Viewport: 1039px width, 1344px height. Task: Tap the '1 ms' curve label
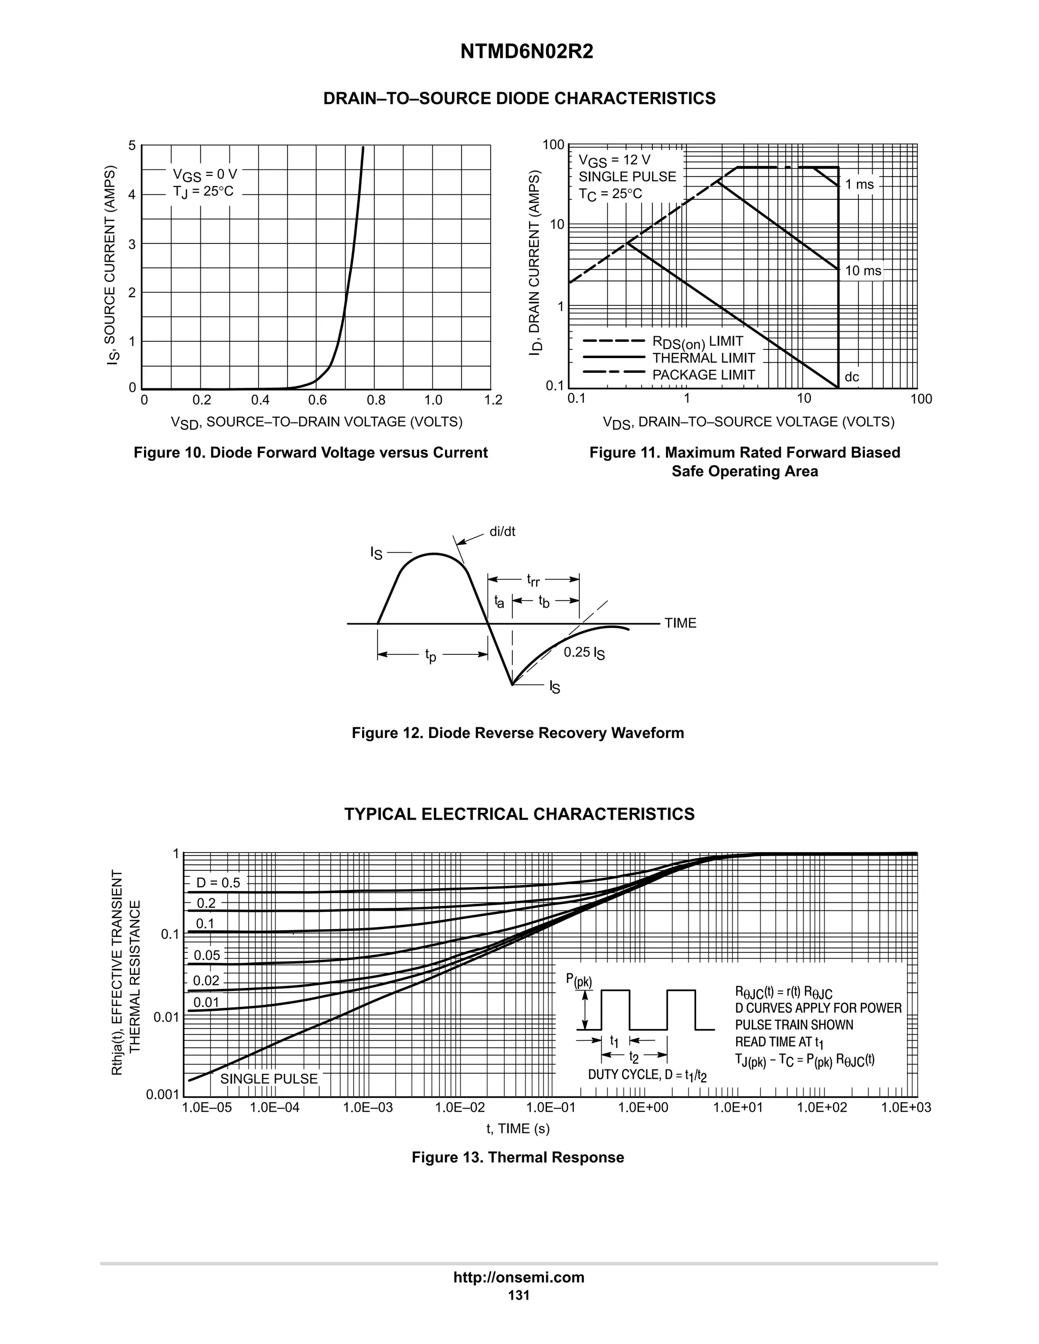859,185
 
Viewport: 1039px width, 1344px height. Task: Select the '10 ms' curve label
863,271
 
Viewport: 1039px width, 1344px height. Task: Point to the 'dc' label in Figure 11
852,377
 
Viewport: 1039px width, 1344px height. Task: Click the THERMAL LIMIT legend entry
704,358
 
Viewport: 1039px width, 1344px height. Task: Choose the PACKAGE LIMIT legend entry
704,375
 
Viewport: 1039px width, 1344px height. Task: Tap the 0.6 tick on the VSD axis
318,401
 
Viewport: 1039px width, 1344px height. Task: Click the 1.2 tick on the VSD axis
493,401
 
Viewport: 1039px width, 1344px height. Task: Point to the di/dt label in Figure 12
502,532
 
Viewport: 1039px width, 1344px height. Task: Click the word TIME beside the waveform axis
680,623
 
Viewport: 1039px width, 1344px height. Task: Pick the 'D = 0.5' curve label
218,882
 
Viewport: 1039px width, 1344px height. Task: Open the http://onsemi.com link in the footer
519,1278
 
